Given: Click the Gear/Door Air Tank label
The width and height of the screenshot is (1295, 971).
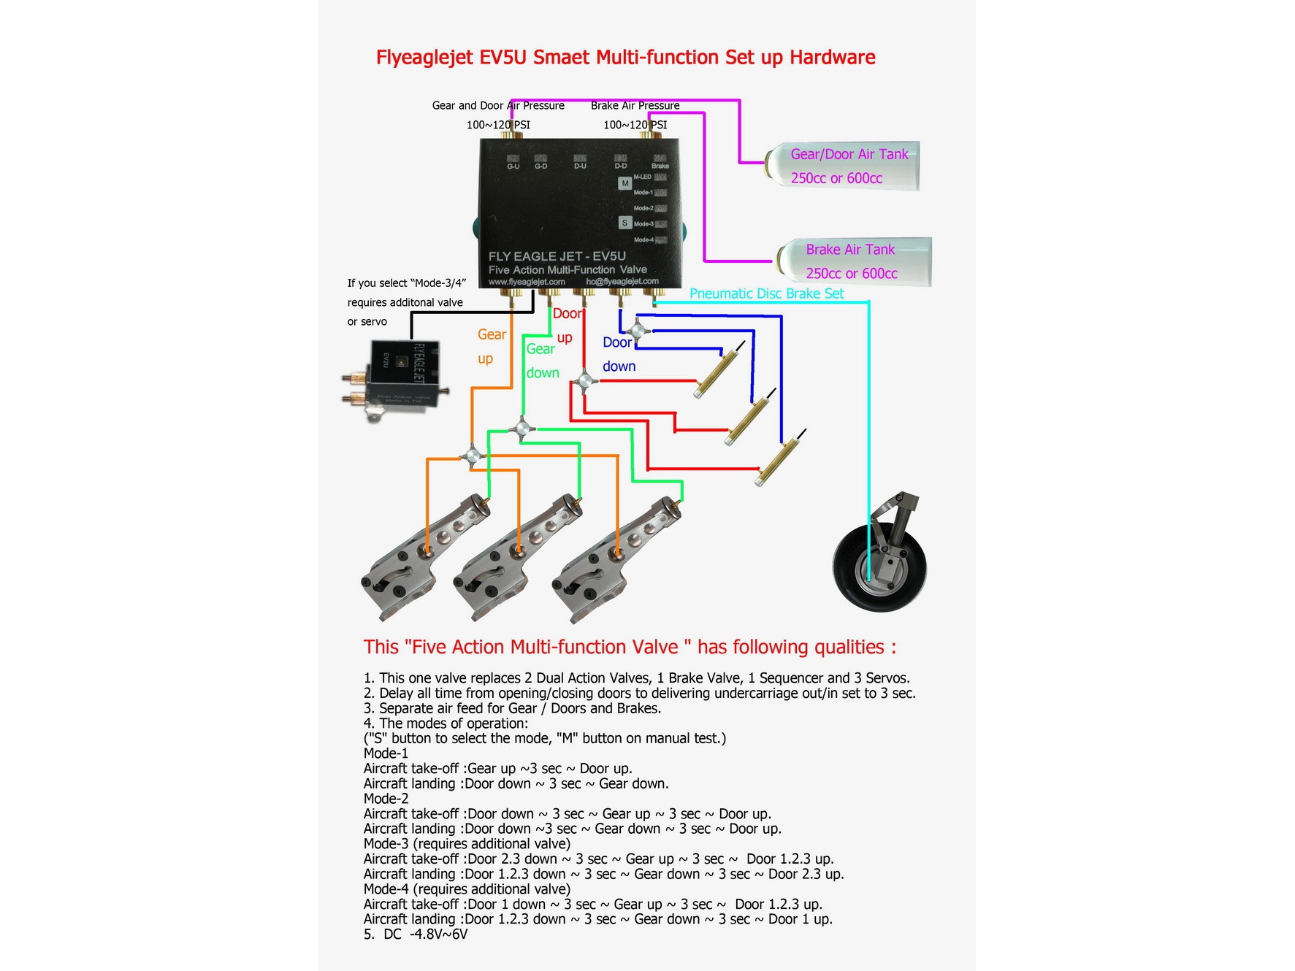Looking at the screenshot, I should point(849,154).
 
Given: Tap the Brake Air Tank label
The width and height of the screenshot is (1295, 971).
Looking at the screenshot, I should point(850,250).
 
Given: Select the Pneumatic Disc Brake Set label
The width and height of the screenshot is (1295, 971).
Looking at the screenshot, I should point(766,293).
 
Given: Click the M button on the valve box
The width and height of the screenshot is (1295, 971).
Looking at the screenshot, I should point(624,183).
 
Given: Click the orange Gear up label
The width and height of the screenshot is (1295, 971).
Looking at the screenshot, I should point(491,335).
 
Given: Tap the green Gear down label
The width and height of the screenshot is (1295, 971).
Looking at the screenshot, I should point(541,350).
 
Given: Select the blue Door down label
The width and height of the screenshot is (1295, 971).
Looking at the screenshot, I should point(618,343).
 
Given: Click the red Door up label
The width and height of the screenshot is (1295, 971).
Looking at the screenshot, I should point(568,314).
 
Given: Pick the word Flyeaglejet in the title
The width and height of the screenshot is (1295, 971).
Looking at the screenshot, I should point(424,58).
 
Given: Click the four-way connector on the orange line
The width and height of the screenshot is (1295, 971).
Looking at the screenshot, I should point(471,457).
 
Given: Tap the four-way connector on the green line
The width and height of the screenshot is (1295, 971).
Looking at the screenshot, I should point(522,429).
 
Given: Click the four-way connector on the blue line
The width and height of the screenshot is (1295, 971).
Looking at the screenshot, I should point(638,331).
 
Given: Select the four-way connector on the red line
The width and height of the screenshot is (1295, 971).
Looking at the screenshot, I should point(584,381).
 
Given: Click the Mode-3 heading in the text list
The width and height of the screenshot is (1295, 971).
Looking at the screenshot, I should point(388,844).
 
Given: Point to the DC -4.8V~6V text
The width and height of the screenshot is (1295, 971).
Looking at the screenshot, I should point(416,934).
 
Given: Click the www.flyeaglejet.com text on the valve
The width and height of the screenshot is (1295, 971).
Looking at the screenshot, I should point(527,282).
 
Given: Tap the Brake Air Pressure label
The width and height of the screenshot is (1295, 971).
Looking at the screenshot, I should point(635,106).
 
